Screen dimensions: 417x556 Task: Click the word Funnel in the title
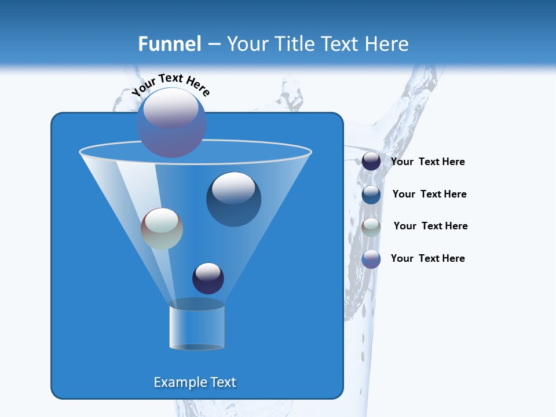click(x=169, y=43)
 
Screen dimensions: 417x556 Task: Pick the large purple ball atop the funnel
click(x=171, y=123)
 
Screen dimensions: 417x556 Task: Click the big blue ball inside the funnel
click(x=234, y=199)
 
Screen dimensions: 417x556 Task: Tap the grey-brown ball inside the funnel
click(x=162, y=229)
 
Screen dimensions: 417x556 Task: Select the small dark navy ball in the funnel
click(x=208, y=278)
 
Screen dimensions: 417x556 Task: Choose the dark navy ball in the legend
click(x=371, y=162)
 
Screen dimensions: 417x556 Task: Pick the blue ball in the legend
click(x=371, y=195)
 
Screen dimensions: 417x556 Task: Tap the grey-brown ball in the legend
click(x=371, y=226)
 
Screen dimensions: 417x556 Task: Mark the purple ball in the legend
click(x=371, y=259)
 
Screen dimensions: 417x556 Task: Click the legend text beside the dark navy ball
click(x=427, y=162)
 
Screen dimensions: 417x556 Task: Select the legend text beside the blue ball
click(x=429, y=194)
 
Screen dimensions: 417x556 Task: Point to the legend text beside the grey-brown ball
click(x=430, y=226)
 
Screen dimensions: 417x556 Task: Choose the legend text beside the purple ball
click(x=427, y=258)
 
